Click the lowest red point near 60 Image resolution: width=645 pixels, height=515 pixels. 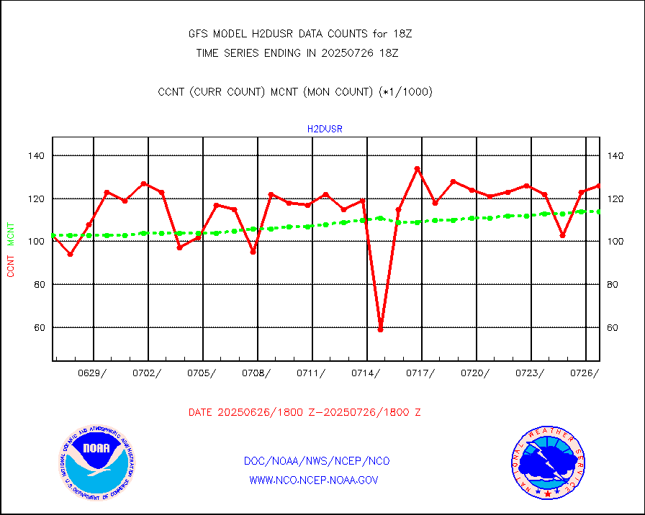381,329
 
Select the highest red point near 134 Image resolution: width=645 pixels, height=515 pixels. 417,169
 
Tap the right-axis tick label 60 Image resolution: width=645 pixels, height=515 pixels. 614,327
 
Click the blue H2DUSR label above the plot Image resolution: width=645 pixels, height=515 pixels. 325,129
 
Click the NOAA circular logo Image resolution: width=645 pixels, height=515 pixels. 96,463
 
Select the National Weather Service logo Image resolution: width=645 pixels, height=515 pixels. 546,463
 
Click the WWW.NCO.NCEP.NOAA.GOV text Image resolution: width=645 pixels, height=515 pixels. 313,480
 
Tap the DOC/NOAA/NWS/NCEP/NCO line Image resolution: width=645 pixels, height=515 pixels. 317,461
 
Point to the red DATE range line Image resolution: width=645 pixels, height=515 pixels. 305,413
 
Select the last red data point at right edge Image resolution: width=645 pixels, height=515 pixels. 599,186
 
